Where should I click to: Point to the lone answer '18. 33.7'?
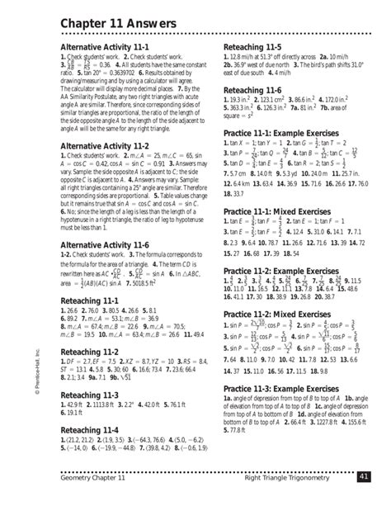click(236, 193)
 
